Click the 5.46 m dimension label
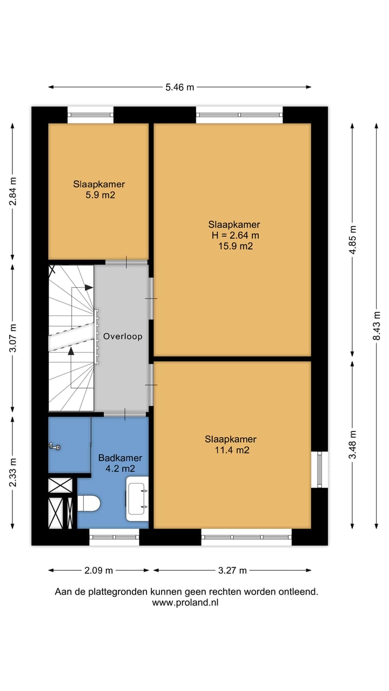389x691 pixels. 179,87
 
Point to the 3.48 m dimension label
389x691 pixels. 352,444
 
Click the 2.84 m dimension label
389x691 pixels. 13,192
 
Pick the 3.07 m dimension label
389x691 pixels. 13,338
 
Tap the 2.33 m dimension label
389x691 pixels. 13,472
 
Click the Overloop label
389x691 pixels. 123,336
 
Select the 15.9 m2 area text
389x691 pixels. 234,246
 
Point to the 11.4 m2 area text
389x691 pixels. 231,450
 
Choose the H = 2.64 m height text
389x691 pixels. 236,235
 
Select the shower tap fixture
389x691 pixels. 54,446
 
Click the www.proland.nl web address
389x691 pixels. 186,602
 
